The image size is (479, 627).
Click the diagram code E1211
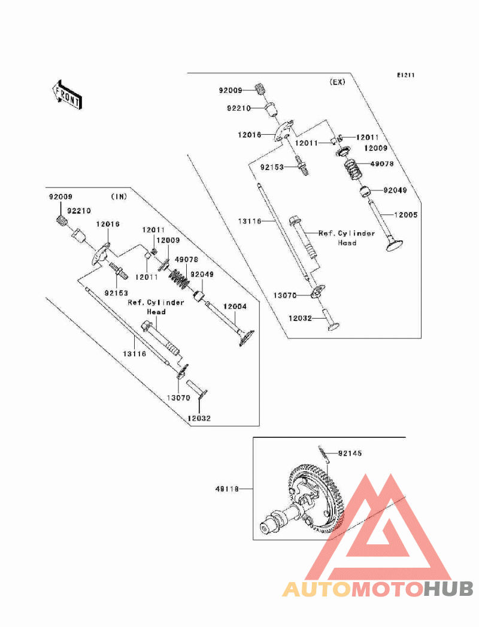click(405, 75)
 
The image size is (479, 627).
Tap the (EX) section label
click(337, 82)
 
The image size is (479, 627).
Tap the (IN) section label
click(119, 196)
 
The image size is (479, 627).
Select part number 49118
click(227, 489)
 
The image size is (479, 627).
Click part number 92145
click(350, 453)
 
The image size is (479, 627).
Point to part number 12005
click(405, 215)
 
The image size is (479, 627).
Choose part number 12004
click(235, 307)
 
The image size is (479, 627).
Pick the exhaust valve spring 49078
click(354, 169)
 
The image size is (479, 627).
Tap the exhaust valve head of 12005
click(394, 244)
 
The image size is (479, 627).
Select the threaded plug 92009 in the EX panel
click(260, 89)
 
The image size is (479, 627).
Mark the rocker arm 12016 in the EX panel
click(284, 131)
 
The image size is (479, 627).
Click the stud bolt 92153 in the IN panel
click(117, 271)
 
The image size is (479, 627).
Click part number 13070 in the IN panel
click(178, 398)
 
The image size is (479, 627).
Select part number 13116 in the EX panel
click(250, 221)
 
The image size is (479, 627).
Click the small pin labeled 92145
click(324, 455)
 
